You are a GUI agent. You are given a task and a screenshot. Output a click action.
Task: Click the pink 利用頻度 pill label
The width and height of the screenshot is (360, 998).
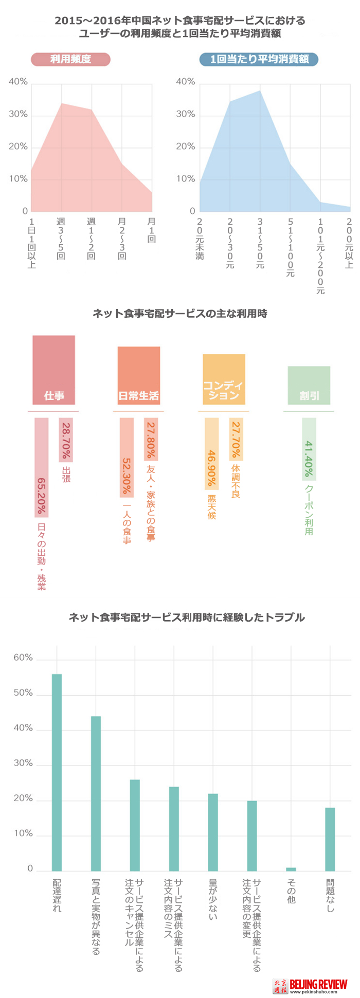[70, 59]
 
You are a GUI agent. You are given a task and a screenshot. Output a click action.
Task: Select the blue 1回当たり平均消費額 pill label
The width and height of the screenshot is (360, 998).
[259, 59]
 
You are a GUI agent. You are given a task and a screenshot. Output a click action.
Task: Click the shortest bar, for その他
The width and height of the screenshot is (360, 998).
[291, 869]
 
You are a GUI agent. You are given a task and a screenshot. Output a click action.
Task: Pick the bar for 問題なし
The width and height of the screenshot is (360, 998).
[330, 839]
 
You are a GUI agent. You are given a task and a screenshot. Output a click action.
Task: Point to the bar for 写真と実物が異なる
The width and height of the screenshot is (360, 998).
[96, 793]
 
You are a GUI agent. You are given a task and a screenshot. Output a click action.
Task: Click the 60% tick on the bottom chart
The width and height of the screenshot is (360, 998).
[23, 658]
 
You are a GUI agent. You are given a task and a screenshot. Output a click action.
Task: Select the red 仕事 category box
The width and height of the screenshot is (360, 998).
[54, 370]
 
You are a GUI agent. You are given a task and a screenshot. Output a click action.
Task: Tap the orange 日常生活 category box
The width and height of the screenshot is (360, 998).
[139, 375]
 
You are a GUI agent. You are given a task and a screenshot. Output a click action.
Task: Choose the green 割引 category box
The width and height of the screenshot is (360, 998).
[309, 385]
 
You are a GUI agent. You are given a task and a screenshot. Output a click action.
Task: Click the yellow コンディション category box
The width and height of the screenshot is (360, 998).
[224, 379]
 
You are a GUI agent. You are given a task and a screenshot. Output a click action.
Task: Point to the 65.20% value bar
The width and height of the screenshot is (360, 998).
[42, 467]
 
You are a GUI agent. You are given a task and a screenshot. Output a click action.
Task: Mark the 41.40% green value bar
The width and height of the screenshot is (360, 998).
[309, 449]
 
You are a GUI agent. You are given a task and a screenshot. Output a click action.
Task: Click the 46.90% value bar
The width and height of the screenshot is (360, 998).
[212, 454]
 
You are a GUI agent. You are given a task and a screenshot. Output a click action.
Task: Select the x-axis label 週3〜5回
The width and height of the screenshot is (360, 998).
[61, 239]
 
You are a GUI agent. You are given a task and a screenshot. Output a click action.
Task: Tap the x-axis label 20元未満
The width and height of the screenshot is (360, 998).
[200, 239]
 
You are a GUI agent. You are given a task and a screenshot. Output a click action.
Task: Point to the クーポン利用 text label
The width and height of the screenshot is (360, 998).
[309, 510]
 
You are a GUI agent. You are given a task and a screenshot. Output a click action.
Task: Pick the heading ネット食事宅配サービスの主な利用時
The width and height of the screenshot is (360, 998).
[180, 313]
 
